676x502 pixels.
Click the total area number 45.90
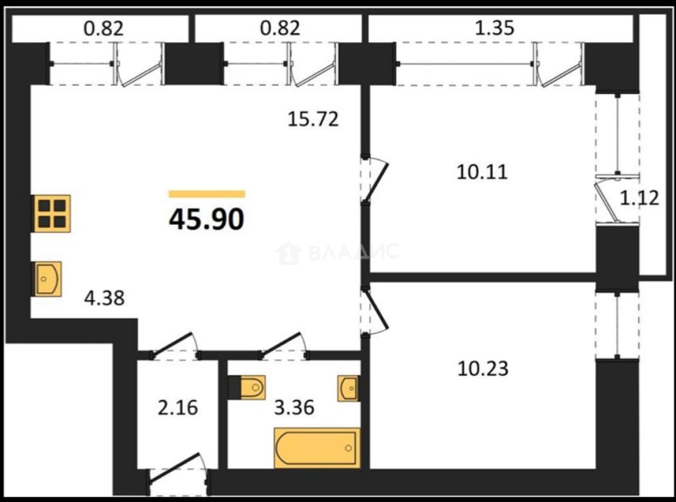coord(206,219)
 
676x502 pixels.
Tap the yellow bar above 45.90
coord(207,194)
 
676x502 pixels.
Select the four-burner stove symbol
coord(52,214)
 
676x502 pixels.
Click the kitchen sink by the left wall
coord(47,279)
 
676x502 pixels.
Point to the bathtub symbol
coord(317,448)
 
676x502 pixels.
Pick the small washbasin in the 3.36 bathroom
coord(348,388)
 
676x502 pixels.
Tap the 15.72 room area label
coord(313,119)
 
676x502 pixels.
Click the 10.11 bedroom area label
coord(482,171)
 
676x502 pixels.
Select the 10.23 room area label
coord(483,368)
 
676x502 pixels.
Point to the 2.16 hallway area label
coord(178,408)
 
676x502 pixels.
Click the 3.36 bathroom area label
coord(294,408)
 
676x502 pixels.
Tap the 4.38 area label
coord(104,298)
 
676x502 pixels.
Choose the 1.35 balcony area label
coord(495,27)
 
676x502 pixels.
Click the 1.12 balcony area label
coord(639,198)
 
